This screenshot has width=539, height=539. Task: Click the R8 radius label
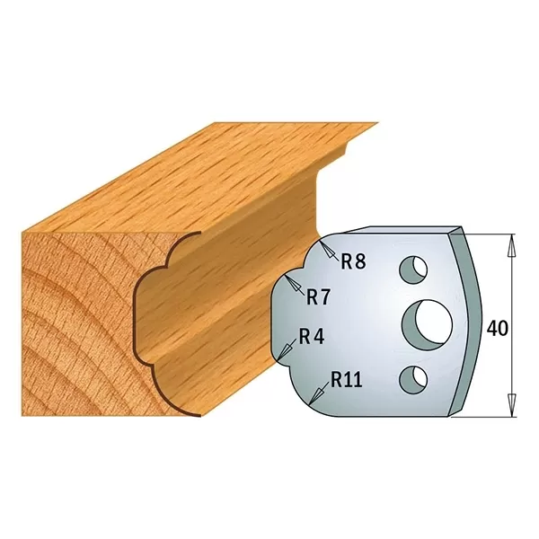coord(353,261)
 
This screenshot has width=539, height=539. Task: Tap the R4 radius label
coord(310,338)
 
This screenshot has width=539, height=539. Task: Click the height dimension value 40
coord(497,329)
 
